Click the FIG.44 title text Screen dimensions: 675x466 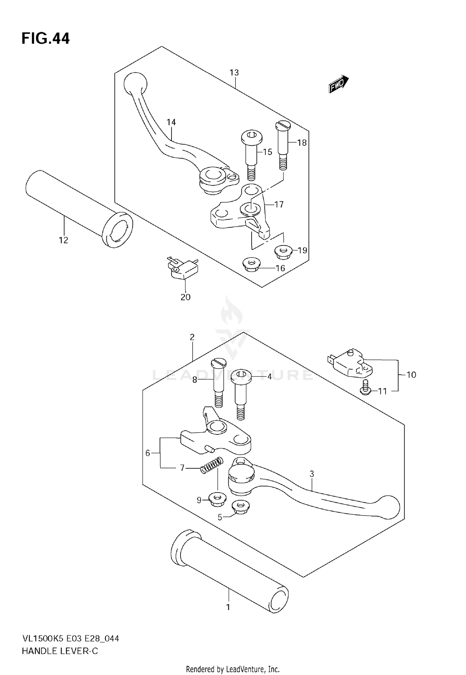[x=46, y=39]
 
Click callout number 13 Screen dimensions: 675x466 [x=234, y=73]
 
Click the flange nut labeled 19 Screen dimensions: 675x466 [x=283, y=251]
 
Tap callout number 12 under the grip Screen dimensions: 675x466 [x=63, y=240]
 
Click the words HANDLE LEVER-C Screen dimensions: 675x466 [x=60, y=651]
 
